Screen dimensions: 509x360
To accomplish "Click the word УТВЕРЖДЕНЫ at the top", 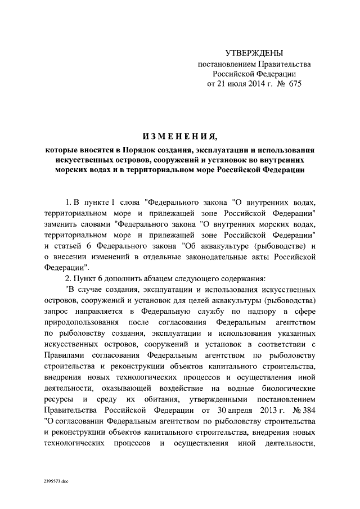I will (x=254, y=53).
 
